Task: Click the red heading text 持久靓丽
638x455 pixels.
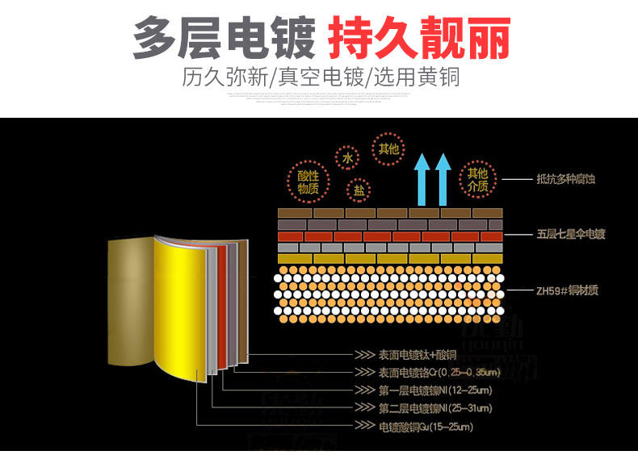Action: click(x=418, y=38)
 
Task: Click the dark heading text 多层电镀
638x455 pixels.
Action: click(x=224, y=38)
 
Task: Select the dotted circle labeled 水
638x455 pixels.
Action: click(x=348, y=159)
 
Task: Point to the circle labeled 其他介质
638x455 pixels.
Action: click(x=477, y=180)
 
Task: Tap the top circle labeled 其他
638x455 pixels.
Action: click(x=388, y=149)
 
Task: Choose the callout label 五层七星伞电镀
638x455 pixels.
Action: click(x=570, y=235)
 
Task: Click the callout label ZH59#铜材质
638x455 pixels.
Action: click(x=566, y=290)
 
